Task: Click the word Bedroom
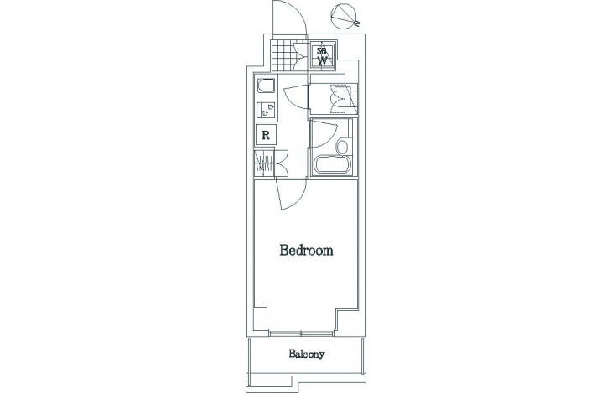pyautogui.click(x=306, y=250)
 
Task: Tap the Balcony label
pyautogui.click(x=307, y=354)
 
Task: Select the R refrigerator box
pyautogui.click(x=266, y=135)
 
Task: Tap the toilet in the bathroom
pyautogui.click(x=341, y=148)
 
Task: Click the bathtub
pyautogui.click(x=330, y=164)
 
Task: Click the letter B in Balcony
pyautogui.click(x=292, y=354)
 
